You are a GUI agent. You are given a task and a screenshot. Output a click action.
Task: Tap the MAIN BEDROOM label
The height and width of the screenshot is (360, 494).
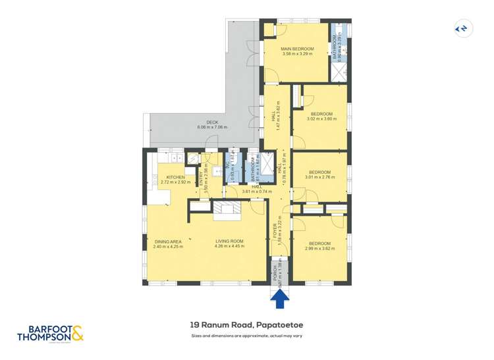pyautogui.click(x=297, y=49)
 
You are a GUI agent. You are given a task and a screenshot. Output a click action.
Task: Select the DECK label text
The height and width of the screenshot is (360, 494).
pyautogui.click(x=211, y=122)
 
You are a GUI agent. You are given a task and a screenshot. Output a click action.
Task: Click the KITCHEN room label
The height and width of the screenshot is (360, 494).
pyautogui.click(x=175, y=177)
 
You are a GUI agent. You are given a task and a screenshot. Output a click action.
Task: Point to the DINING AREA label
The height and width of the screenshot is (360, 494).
pyautogui.click(x=168, y=242)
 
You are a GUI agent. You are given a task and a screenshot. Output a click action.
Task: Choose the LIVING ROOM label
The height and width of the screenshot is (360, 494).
pyautogui.click(x=229, y=242)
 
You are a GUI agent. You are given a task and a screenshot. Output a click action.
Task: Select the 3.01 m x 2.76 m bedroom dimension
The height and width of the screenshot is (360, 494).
pyautogui.click(x=319, y=177)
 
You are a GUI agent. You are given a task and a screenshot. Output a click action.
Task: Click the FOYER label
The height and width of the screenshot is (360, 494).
pyautogui.click(x=276, y=232)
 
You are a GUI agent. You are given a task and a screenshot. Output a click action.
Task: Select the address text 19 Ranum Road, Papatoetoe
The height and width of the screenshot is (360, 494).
pyautogui.click(x=246, y=324)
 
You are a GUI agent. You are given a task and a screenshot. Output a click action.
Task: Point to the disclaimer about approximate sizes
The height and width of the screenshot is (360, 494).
pyautogui.click(x=246, y=336)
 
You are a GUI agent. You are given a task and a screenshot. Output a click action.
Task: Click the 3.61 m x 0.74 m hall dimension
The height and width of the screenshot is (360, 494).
pyautogui.click(x=257, y=192)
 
